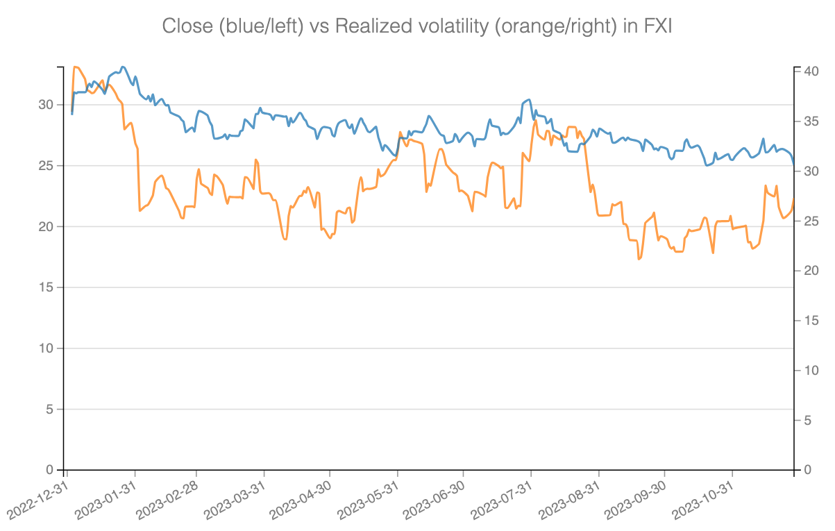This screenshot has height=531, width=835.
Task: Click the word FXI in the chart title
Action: (x=654, y=26)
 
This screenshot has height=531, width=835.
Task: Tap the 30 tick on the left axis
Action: (x=47, y=105)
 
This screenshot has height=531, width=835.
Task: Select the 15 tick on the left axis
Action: (x=47, y=287)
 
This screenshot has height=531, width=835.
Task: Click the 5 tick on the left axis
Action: (x=50, y=410)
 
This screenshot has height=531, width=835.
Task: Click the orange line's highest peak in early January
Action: (x=75, y=67)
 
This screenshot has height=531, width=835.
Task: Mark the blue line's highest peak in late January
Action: (x=123, y=67)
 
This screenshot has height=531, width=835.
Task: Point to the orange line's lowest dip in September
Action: (x=639, y=259)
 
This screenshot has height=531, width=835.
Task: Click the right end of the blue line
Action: (x=793, y=164)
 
